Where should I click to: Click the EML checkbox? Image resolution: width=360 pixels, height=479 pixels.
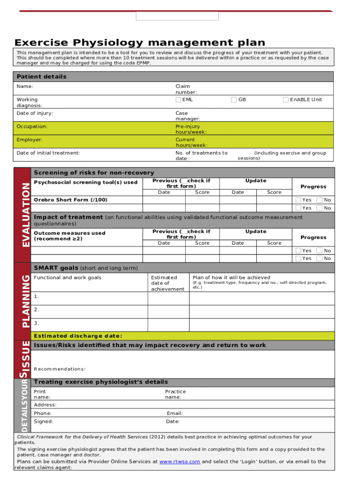coord(178,100)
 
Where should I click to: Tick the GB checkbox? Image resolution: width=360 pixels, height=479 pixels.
coord(234,100)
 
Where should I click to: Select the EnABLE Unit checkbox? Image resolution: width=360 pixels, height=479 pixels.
coord(286,100)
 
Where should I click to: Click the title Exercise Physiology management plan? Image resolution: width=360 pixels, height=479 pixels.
coord(140,43)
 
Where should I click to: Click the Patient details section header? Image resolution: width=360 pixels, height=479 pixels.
coord(42,77)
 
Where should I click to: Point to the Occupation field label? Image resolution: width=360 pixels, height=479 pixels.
coord(32,126)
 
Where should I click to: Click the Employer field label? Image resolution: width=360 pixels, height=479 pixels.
coord(29,139)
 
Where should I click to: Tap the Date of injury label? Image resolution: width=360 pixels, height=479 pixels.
coord(35,113)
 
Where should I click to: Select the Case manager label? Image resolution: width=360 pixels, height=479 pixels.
coord(187,116)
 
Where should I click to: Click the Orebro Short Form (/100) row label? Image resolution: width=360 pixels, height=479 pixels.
coord(70,200)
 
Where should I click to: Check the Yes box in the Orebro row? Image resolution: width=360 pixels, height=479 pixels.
coord(298,200)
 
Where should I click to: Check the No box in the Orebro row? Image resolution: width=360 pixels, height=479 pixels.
coord(320,200)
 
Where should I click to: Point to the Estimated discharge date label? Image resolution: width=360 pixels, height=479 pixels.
coord(78,336)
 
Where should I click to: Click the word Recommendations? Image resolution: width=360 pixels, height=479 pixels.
coord(59,369)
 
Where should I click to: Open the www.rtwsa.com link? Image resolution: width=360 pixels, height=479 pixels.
coord(180,462)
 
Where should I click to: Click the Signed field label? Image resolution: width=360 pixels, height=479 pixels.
coord(43,421)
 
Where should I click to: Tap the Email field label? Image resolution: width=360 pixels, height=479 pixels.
coord(174,414)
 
